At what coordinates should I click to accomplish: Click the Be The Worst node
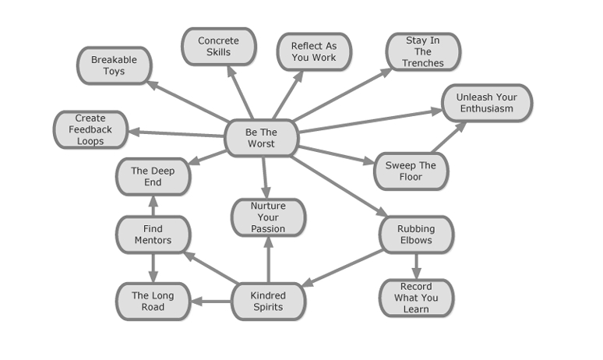(262, 139)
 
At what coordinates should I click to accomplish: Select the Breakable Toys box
(114, 65)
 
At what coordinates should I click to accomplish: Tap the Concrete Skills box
(219, 47)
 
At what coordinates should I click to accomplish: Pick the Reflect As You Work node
(314, 52)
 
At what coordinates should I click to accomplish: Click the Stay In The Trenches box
(423, 52)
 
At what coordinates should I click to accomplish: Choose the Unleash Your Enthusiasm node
(487, 103)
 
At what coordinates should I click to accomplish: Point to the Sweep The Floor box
(411, 171)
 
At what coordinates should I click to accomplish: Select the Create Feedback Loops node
(90, 130)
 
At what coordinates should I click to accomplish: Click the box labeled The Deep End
(153, 177)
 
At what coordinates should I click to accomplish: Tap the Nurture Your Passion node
(268, 217)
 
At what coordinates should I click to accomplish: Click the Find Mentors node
(153, 235)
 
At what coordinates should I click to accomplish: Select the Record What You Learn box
(416, 298)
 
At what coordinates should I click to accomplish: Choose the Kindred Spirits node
(268, 302)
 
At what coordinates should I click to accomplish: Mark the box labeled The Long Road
(153, 302)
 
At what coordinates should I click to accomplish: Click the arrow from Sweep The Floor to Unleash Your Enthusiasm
(446, 138)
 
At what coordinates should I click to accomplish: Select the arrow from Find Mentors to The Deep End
(153, 206)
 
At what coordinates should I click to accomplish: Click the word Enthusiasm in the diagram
(487, 109)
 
